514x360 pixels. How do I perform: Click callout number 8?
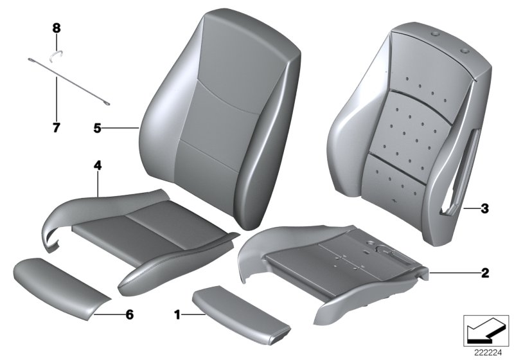tap(56, 28)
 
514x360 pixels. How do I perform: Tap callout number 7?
tap(56, 127)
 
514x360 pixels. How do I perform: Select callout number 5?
tap(97, 129)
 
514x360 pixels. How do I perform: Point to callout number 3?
tap(484, 208)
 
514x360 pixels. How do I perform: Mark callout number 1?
tap(177, 315)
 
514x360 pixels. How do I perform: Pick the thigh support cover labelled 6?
tap(59, 279)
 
